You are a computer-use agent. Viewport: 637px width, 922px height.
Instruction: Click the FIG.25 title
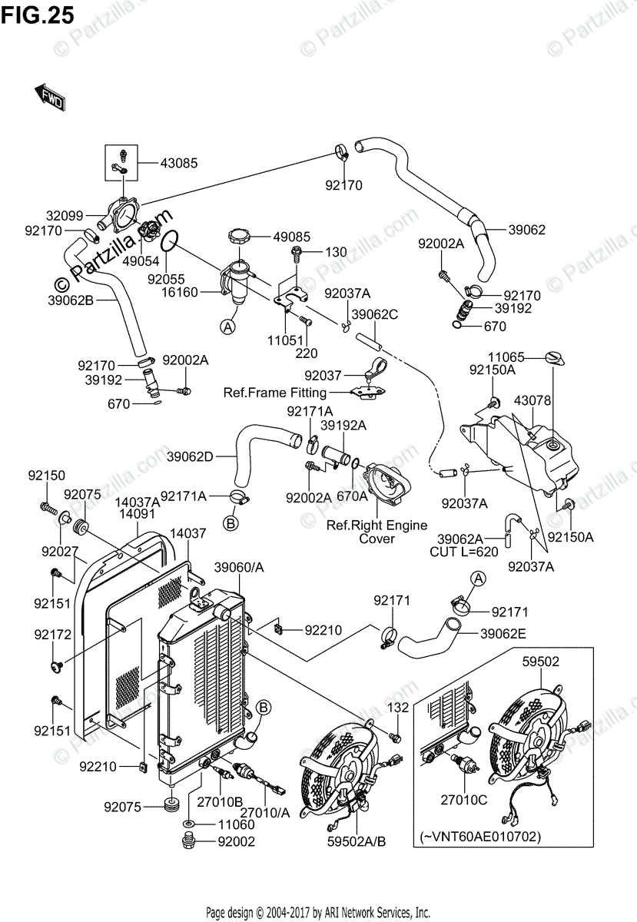coord(38,15)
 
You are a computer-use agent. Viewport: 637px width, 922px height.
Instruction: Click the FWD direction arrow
coord(50,97)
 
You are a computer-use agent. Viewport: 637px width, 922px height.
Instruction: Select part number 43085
coord(179,163)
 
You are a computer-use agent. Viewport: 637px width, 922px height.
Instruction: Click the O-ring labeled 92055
coord(169,240)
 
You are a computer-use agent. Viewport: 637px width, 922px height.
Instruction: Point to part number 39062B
coord(71,300)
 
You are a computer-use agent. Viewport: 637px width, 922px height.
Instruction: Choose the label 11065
coord(506,357)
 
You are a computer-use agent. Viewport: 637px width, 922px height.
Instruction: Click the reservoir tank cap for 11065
coord(555,358)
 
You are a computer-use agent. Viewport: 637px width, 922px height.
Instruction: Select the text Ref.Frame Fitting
coord(274,393)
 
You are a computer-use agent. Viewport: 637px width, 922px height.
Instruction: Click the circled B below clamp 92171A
coord(231,523)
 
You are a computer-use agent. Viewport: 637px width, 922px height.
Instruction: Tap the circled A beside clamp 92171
coord(478,579)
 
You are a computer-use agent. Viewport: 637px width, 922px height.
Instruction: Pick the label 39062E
coord(503,633)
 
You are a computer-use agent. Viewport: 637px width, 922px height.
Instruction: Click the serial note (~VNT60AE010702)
coord(480,837)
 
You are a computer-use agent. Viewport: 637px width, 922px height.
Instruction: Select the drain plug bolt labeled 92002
coord(187,841)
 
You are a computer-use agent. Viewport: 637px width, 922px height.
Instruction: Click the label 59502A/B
coord(357,842)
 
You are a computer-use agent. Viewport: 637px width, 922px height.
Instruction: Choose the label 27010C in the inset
coord(463,800)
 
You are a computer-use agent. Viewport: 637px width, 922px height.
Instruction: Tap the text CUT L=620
coord(463,552)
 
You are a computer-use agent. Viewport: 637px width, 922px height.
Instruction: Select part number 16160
coord(180,292)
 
